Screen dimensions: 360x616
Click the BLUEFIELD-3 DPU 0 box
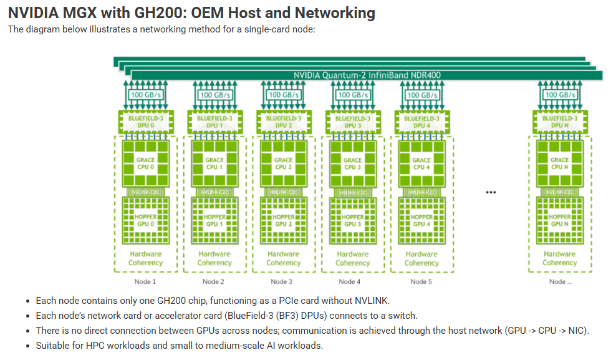(145, 122)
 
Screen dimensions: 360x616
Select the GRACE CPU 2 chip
(284, 163)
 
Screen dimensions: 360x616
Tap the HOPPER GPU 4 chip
(421, 220)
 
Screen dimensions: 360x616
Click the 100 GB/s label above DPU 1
(214, 95)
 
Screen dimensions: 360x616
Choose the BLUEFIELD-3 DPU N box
(559, 122)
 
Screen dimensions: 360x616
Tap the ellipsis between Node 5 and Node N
(491, 192)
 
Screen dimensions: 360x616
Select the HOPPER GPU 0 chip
(145, 220)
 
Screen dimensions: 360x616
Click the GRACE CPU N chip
(559, 163)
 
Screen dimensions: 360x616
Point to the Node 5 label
(421, 282)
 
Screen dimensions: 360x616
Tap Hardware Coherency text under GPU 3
(352, 258)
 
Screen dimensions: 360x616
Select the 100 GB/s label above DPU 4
(421, 95)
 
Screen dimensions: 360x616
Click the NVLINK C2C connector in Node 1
(145, 192)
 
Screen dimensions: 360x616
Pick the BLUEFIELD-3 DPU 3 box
(352, 122)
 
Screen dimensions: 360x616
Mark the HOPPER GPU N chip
(559, 220)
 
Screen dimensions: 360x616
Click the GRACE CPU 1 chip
(214, 163)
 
